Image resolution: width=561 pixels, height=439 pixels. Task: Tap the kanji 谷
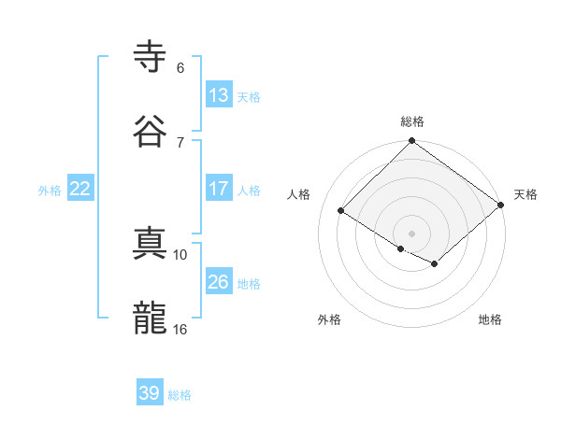pyautogui.click(x=151, y=130)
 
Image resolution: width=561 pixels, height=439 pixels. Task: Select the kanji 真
pyautogui.click(x=151, y=246)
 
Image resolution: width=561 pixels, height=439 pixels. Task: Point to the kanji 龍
pyautogui.click(x=151, y=319)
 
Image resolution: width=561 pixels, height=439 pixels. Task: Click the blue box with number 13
pyautogui.click(x=218, y=94)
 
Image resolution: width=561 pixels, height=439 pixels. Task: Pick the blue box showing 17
pyautogui.click(x=218, y=189)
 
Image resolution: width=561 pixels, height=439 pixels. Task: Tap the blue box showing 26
pyautogui.click(x=218, y=282)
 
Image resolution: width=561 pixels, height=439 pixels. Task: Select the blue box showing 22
pyautogui.click(x=80, y=189)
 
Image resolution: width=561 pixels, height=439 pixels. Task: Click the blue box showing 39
pyautogui.click(x=150, y=393)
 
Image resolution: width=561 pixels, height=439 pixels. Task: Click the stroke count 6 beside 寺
pyautogui.click(x=180, y=68)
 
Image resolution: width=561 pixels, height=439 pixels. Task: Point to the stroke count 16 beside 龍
pyautogui.click(x=180, y=329)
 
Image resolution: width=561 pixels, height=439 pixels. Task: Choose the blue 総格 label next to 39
pyautogui.click(x=180, y=395)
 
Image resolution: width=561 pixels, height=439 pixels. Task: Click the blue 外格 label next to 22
pyautogui.click(x=50, y=191)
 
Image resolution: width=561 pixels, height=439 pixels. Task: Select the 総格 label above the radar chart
pyautogui.click(x=412, y=121)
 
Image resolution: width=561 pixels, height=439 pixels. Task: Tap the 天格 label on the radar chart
pyautogui.click(x=525, y=194)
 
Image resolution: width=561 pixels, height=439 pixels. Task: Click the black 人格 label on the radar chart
pyautogui.click(x=299, y=194)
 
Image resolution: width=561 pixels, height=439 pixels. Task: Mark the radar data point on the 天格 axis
pyautogui.click(x=503, y=205)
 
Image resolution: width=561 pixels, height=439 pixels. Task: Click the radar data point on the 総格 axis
pyautogui.click(x=412, y=142)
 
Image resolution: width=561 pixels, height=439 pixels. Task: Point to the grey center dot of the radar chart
pyautogui.click(x=412, y=233)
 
